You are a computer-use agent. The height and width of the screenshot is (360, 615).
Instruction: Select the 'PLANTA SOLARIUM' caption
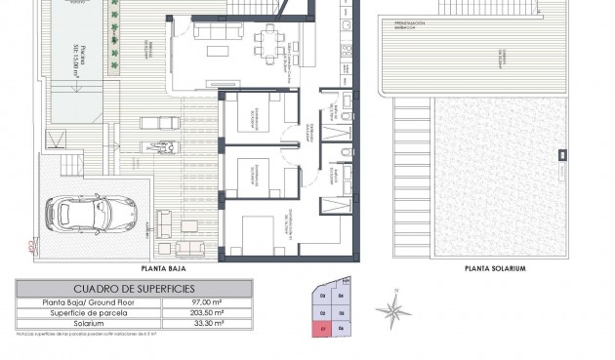(x=495, y=267)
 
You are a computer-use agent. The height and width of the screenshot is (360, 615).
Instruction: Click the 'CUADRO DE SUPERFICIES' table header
(x=134, y=289)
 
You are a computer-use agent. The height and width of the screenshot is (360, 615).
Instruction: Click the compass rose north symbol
(x=392, y=311)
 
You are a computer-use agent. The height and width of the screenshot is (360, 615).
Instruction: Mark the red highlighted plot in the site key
(x=322, y=329)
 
